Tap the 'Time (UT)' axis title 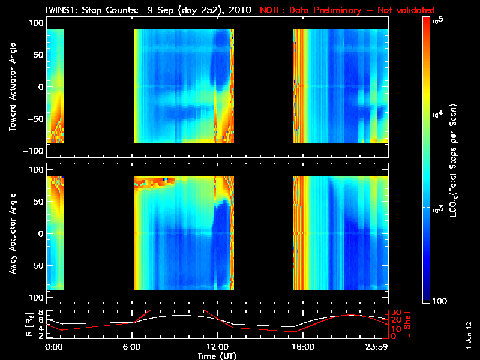(x=217, y=356)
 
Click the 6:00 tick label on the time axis (x=131, y=347)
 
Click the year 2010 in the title (x=236, y=10)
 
